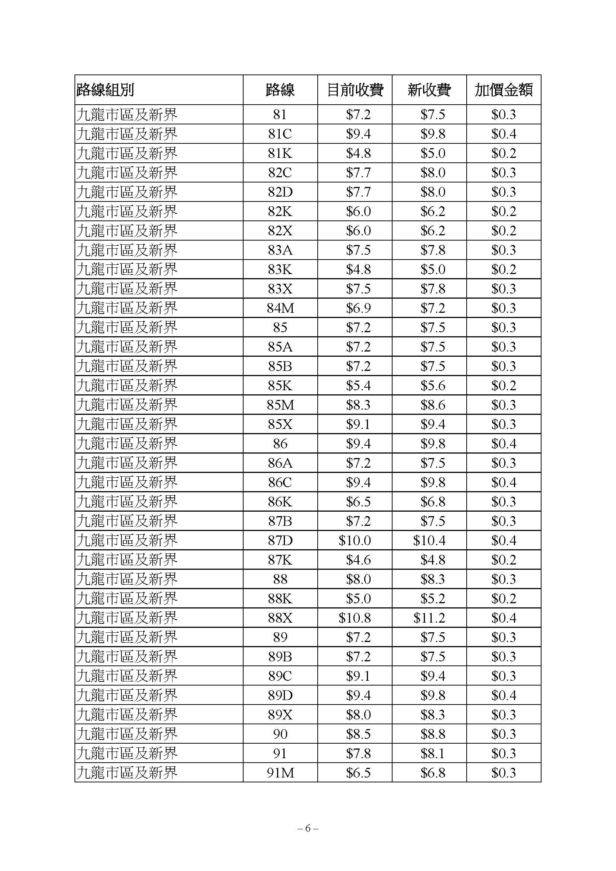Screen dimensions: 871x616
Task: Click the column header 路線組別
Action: (x=105, y=90)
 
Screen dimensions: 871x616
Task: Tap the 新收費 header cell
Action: (x=429, y=90)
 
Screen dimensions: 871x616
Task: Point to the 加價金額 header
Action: (x=504, y=90)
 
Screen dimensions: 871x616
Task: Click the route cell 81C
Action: (x=280, y=134)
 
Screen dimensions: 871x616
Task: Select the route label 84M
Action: (x=280, y=308)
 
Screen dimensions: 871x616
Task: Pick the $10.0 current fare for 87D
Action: (x=355, y=540)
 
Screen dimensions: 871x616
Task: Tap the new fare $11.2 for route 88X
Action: (x=429, y=618)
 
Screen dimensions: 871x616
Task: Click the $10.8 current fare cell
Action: (x=355, y=618)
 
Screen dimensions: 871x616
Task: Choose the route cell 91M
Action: (x=280, y=773)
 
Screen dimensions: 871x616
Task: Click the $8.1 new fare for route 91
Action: (x=432, y=753)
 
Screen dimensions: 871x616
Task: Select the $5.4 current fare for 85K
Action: (x=358, y=385)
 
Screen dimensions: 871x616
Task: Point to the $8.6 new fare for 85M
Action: (x=432, y=405)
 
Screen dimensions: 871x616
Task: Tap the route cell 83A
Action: (x=280, y=250)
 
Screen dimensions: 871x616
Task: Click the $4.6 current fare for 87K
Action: (x=358, y=560)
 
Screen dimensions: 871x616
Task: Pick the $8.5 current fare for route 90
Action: (x=358, y=734)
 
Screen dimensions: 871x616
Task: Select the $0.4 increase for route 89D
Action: (x=504, y=695)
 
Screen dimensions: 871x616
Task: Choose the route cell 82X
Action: (x=280, y=231)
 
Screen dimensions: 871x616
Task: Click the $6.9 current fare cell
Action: (x=358, y=308)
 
